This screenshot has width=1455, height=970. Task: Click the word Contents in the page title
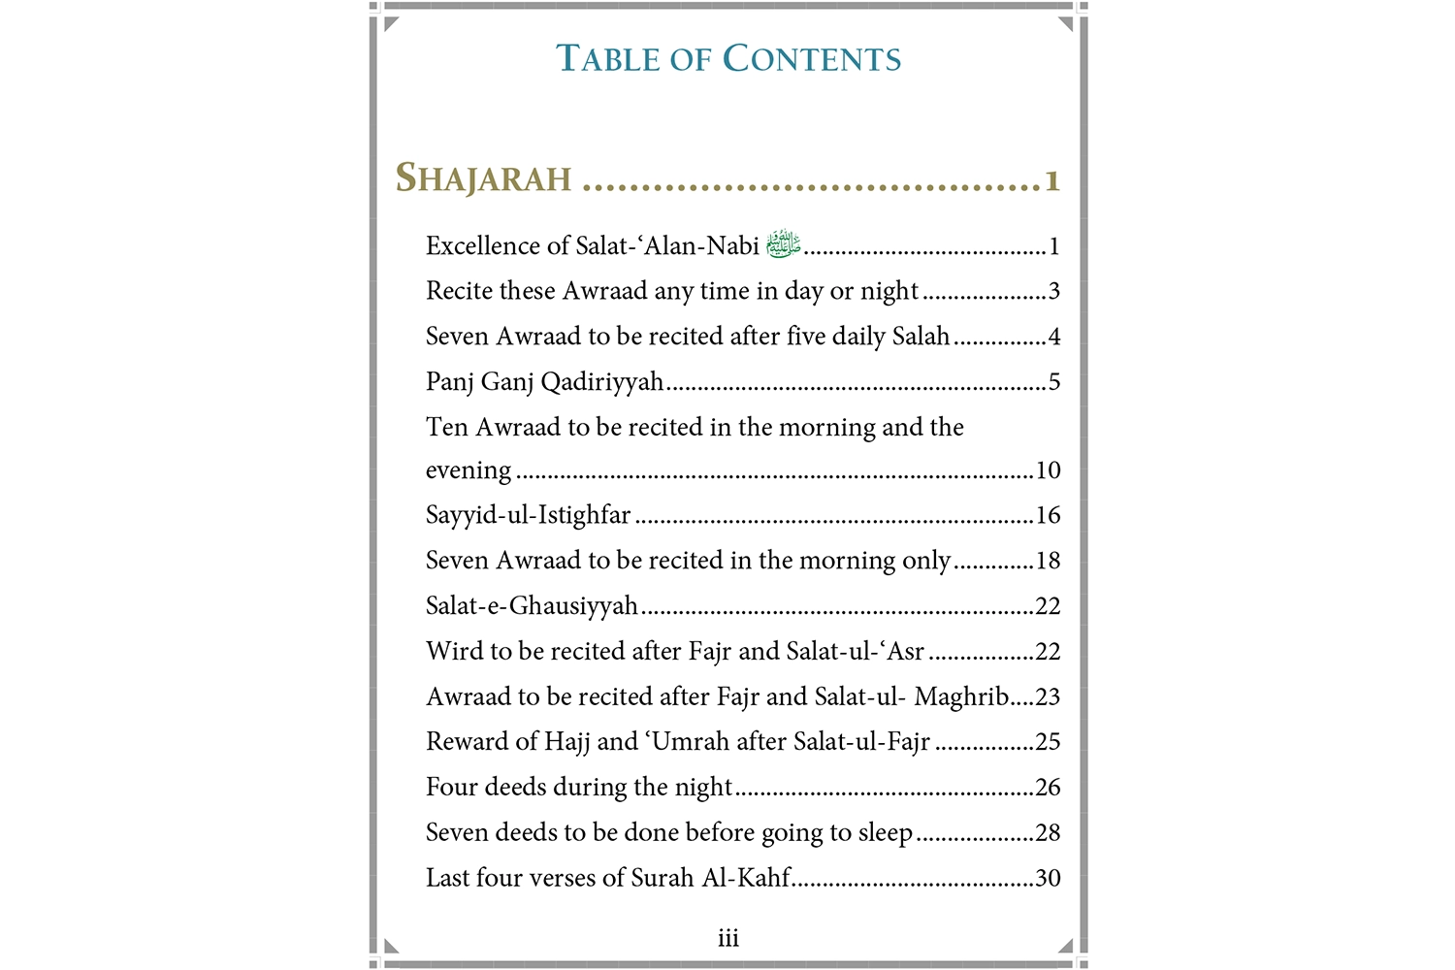point(812,59)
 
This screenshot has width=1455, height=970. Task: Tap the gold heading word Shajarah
point(483,178)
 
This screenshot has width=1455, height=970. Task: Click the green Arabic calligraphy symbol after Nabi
point(783,243)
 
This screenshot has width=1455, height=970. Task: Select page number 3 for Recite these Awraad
point(1053,291)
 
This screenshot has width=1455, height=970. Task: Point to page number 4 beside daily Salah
point(1053,337)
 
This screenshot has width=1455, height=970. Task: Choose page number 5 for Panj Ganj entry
point(1053,382)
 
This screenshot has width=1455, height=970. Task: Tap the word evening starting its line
point(468,470)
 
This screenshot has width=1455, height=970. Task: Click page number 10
point(1048,470)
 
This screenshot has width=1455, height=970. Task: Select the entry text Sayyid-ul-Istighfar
point(528,515)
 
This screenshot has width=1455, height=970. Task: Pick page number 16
point(1048,515)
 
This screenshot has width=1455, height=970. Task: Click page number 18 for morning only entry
point(1048,561)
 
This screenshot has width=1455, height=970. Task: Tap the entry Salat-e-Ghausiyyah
point(532,606)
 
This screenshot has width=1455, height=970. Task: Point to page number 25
point(1048,742)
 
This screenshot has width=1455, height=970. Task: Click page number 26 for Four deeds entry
point(1048,788)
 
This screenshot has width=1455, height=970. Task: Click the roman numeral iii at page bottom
point(728,938)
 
